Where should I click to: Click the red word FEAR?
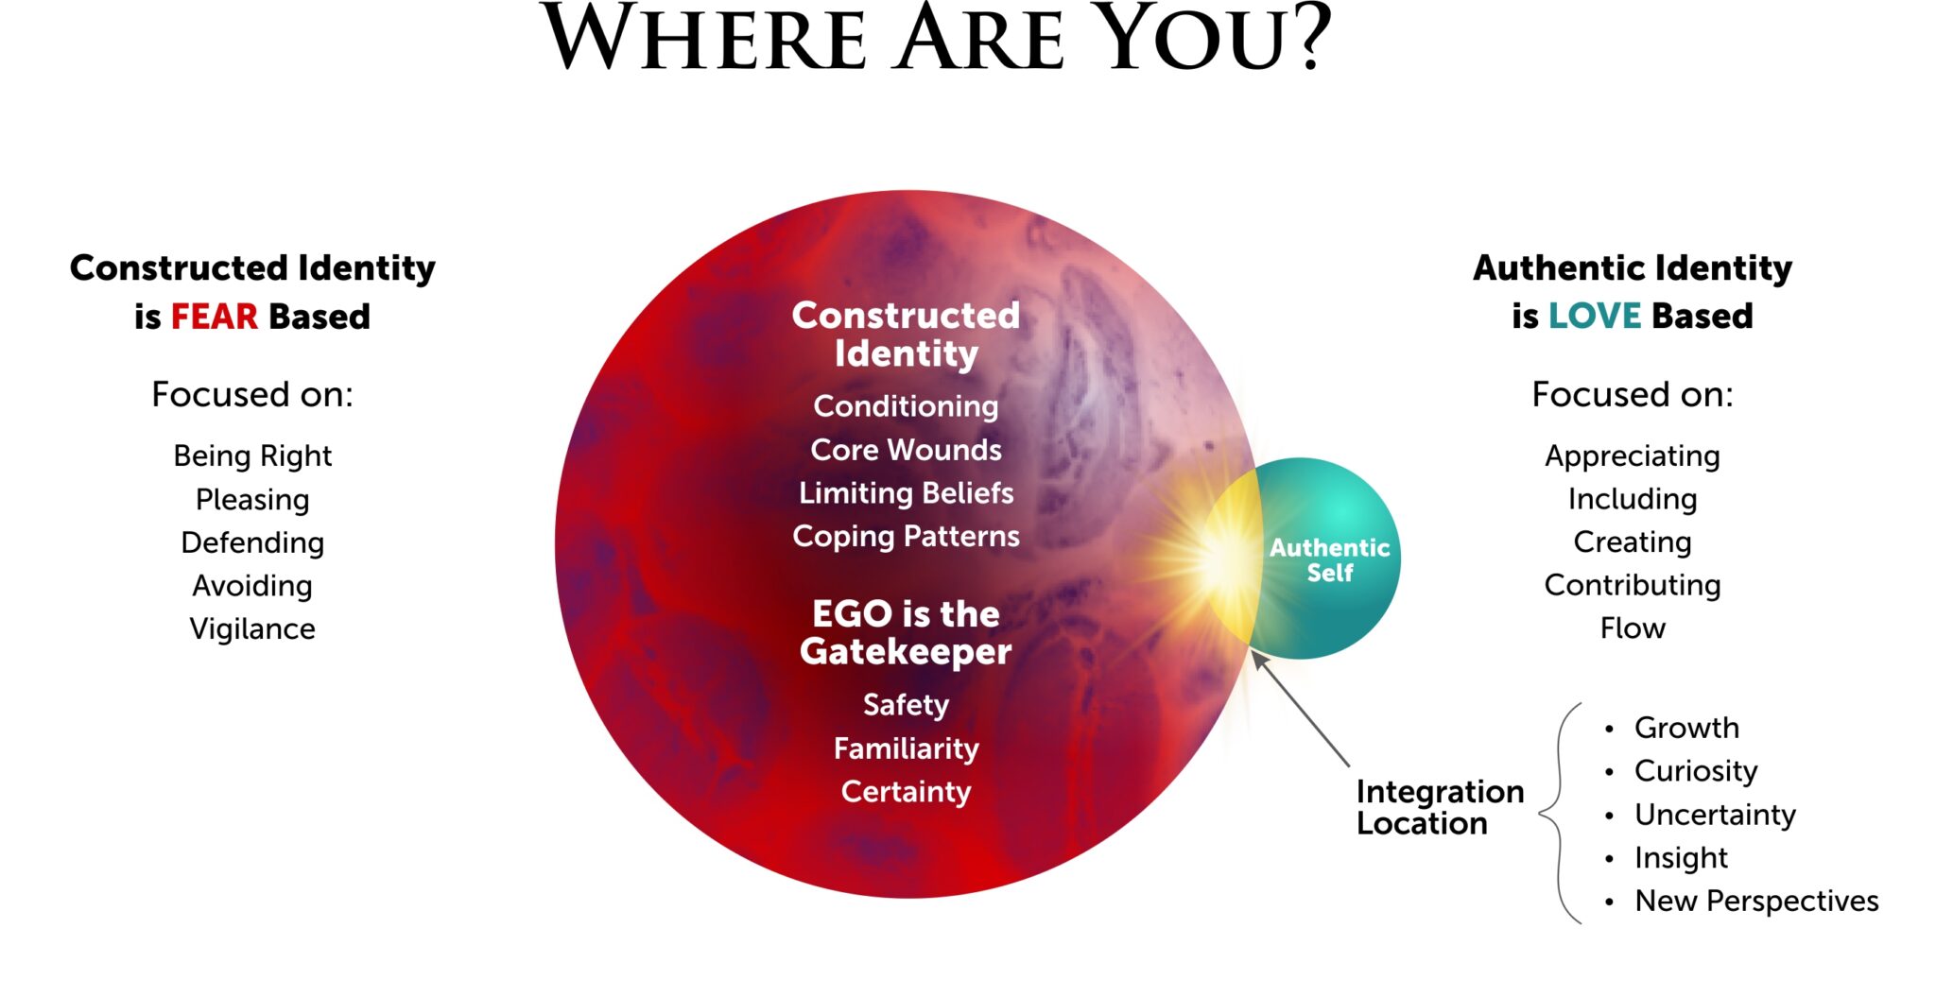click(x=214, y=317)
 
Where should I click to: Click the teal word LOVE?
click(x=1594, y=316)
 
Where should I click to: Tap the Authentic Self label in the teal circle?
click(x=1329, y=559)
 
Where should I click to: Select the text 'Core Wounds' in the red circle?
click(x=906, y=450)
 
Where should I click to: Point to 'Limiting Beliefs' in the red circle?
click(x=906, y=493)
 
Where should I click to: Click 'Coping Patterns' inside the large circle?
click(x=906, y=537)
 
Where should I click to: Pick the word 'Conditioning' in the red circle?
click(x=906, y=406)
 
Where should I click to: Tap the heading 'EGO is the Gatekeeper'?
click(x=906, y=633)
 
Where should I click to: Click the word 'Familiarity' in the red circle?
click(x=906, y=748)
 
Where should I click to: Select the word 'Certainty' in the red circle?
click(x=906, y=792)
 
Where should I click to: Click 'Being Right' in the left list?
click(x=252, y=456)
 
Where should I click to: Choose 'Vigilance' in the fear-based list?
click(x=252, y=629)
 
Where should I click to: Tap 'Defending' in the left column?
click(x=252, y=542)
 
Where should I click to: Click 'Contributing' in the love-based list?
click(x=1633, y=586)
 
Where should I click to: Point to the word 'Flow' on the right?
click(x=1633, y=628)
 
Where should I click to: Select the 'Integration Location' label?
click(x=1439, y=807)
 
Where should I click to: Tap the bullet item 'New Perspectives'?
click(x=1756, y=902)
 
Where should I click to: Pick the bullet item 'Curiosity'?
click(x=1696, y=771)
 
